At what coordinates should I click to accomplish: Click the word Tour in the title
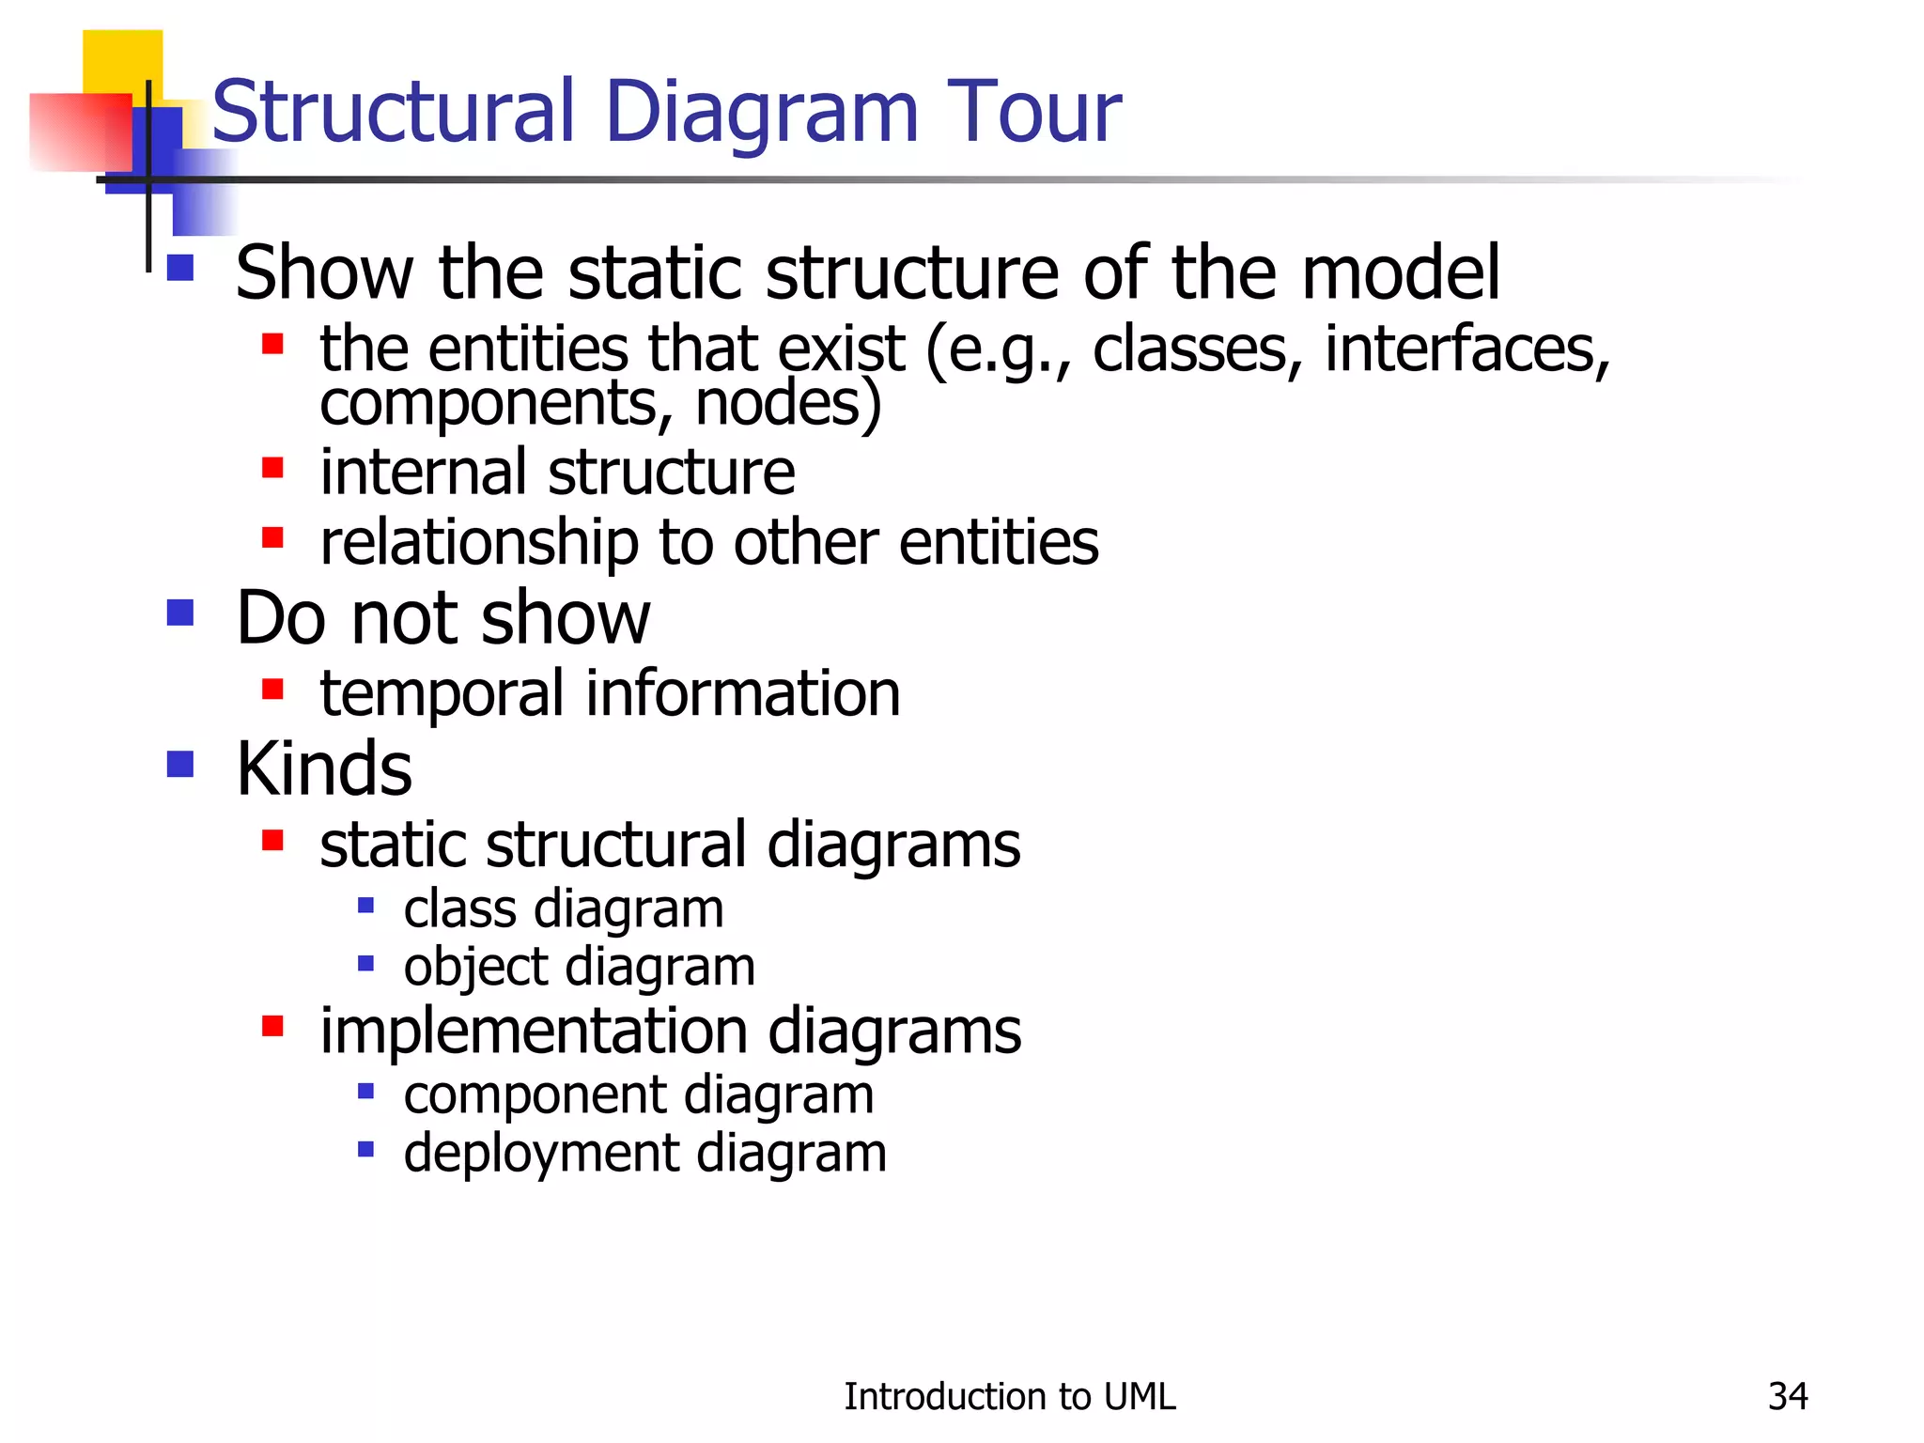click(x=1033, y=112)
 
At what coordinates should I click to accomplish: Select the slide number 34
click(x=1787, y=1397)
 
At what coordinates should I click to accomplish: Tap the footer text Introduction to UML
click(x=1009, y=1397)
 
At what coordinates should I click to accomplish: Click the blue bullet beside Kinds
click(x=179, y=764)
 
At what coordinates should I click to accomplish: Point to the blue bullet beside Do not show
click(x=179, y=613)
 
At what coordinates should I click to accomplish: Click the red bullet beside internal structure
click(x=272, y=467)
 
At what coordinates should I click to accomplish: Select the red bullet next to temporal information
click(x=272, y=690)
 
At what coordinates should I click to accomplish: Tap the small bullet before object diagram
click(x=366, y=963)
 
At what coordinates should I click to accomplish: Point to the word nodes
click(x=787, y=403)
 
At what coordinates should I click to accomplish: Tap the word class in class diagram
click(x=459, y=909)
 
